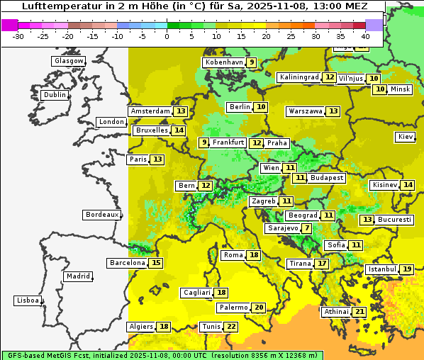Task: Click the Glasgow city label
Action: (68, 61)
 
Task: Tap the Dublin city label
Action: (55, 95)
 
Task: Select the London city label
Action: (111, 122)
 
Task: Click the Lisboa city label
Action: (27, 300)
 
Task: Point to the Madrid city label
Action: (77, 276)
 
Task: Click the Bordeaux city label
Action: (101, 215)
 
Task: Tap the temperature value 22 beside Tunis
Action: (231, 327)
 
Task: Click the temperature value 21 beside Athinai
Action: (359, 312)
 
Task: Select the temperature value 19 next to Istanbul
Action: (407, 269)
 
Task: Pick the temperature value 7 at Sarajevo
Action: (306, 228)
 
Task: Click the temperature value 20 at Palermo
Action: (259, 308)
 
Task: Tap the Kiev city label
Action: (406, 137)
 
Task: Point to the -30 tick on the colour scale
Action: (19, 35)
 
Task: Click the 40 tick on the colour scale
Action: (365, 35)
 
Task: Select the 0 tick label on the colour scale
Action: (167, 35)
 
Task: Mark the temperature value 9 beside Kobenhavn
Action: (251, 62)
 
